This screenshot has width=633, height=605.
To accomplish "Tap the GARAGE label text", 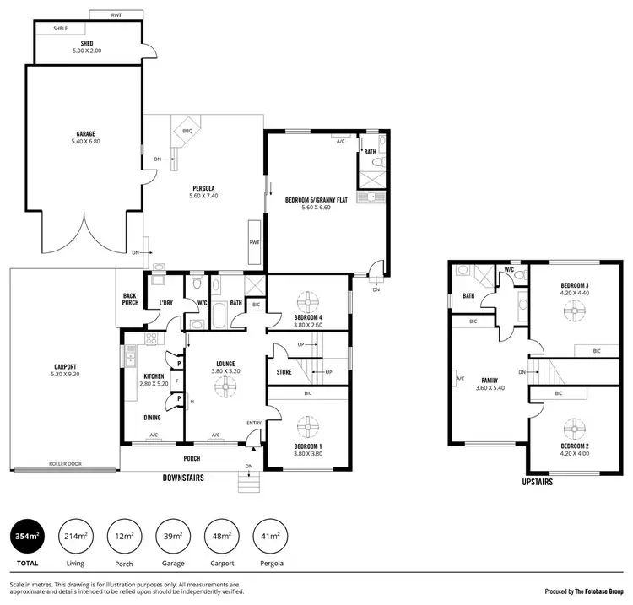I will point(85,133).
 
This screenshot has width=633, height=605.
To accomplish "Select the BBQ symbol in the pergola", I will point(187,131).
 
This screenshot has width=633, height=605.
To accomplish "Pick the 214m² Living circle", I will point(74,537).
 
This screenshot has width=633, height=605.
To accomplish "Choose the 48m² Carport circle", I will point(221,537).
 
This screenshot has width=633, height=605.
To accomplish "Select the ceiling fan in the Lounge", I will point(225,386).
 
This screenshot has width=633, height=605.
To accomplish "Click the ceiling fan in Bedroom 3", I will point(574,311).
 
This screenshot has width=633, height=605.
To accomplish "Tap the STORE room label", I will point(284,371).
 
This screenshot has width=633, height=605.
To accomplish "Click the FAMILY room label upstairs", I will point(490,381).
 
